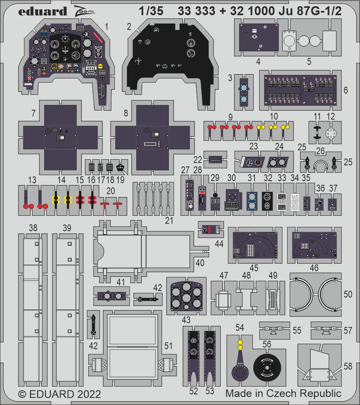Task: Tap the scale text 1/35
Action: click(151, 12)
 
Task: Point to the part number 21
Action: click(169, 220)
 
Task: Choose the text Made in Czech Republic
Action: click(283, 393)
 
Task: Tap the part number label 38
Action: click(33, 228)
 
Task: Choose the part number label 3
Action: click(230, 78)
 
